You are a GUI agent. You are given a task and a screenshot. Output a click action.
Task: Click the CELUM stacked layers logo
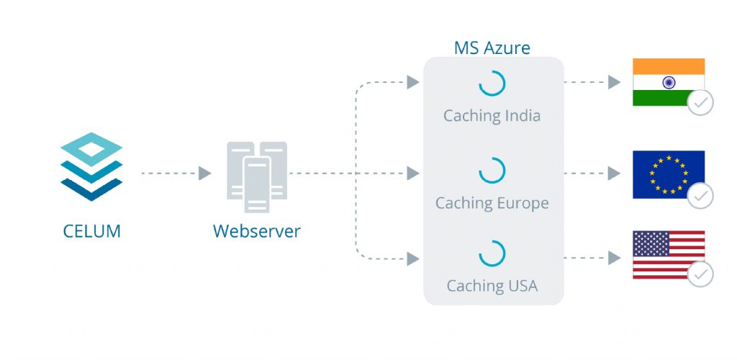point(91,166)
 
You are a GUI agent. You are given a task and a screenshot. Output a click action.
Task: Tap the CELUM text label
point(91,232)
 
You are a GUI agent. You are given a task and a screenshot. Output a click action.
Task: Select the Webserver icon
point(257,176)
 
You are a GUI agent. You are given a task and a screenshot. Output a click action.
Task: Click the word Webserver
point(257,232)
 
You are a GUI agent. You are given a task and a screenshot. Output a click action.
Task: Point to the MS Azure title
point(492,48)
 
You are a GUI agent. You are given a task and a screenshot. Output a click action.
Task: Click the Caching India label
point(492,115)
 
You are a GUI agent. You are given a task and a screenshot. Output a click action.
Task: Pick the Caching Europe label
point(492,203)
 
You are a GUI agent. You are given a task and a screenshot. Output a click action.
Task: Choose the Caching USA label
point(492,286)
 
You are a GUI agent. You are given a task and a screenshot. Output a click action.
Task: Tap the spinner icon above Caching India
point(492,84)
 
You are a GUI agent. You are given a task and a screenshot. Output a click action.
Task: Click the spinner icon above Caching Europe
point(492,171)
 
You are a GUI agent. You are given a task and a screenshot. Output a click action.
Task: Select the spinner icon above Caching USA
point(492,254)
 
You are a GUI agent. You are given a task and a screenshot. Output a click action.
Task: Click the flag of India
point(668,82)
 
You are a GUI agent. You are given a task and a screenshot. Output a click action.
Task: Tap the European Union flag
point(668,174)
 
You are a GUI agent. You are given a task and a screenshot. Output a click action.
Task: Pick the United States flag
point(668,254)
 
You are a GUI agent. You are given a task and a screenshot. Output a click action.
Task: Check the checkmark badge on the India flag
point(700,103)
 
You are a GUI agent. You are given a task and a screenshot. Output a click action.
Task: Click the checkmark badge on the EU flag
point(700,195)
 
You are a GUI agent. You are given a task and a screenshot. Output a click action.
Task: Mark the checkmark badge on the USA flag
point(700,274)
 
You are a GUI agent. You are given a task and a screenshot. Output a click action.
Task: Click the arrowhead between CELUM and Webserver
point(204,174)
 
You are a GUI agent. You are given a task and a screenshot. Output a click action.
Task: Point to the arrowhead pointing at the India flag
point(614,82)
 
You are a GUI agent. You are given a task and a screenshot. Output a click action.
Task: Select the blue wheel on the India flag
point(669,83)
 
